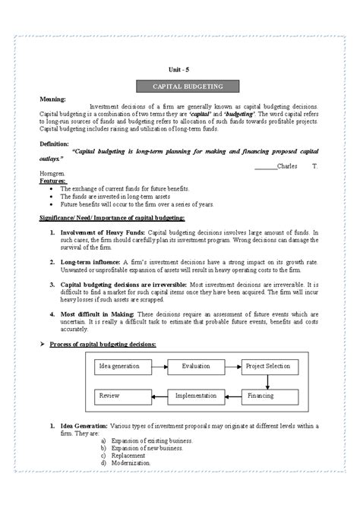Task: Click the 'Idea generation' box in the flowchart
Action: (119, 367)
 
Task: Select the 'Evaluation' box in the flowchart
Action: (195, 367)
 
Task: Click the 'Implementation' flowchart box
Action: (195, 396)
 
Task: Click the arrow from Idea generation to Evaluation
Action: (157, 367)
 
